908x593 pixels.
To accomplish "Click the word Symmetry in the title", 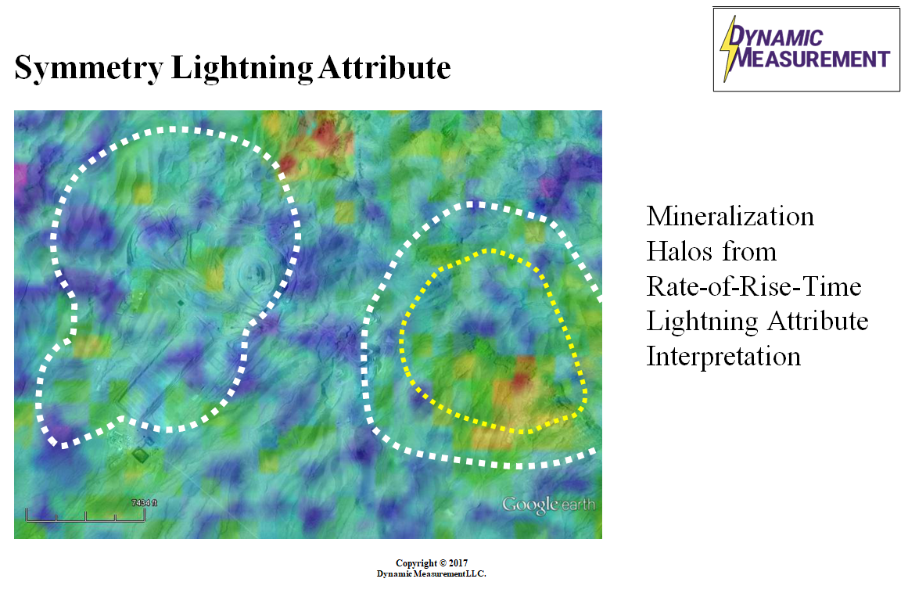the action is click(88, 68).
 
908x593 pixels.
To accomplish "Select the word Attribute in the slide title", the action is click(385, 67).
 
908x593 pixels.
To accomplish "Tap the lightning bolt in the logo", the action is click(728, 49).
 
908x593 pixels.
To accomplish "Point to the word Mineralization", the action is click(730, 217).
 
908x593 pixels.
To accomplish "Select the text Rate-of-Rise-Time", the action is click(754, 286).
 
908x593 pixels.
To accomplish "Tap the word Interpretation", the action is click(723, 356).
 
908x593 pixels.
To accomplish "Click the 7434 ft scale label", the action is click(144, 503).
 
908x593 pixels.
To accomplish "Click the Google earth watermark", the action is click(548, 505).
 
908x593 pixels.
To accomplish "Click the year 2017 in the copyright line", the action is click(458, 563).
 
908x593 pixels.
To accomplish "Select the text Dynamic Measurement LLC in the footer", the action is click(432, 574).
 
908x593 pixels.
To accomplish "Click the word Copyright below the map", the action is click(416, 563).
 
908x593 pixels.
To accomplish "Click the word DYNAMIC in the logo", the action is click(775, 37).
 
